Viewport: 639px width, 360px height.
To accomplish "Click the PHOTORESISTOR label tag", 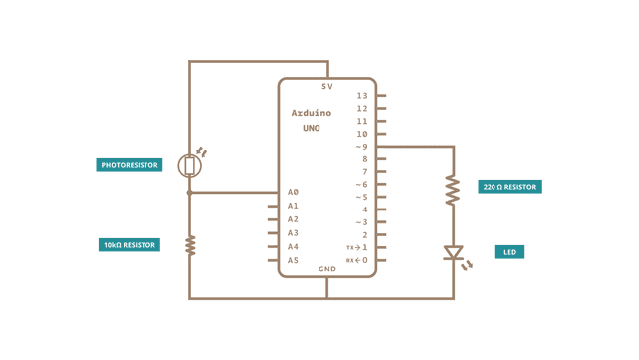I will [x=130, y=165].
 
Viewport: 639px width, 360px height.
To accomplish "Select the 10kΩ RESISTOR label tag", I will [x=130, y=245].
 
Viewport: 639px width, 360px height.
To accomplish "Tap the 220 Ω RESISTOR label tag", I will [x=509, y=187].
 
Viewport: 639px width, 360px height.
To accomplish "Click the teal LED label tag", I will [x=509, y=252].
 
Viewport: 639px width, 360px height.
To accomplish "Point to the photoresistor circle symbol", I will [x=190, y=166].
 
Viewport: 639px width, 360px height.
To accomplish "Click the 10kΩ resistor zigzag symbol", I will [x=190, y=244].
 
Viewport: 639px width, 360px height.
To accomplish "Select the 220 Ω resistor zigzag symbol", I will [x=453, y=190].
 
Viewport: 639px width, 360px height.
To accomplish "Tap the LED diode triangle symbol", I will [x=453, y=253].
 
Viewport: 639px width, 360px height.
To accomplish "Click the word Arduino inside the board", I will [x=311, y=113].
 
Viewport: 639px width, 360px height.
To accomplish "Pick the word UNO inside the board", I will [x=311, y=129].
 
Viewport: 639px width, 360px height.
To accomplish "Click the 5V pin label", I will [x=327, y=87].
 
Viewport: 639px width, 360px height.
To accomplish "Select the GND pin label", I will [x=327, y=269].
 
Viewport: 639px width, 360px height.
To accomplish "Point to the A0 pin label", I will [x=293, y=193].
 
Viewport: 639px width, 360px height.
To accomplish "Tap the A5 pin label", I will [x=293, y=261].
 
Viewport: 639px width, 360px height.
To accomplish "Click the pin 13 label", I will [x=362, y=96].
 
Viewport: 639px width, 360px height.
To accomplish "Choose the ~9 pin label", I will [x=361, y=147].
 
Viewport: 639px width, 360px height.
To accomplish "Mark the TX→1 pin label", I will [x=357, y=248].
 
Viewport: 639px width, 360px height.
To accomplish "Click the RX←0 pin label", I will [x=357, y=261].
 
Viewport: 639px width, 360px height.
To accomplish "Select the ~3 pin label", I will [x=361, y=222].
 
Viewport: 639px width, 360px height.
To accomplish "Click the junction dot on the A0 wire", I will [x=190, y=193].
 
